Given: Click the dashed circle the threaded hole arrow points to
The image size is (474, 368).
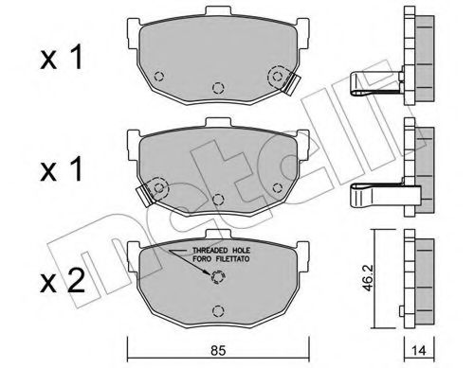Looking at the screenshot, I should click(x=219, y=278).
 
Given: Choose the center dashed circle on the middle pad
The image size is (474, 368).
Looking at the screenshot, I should click(x=218, y=199).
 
